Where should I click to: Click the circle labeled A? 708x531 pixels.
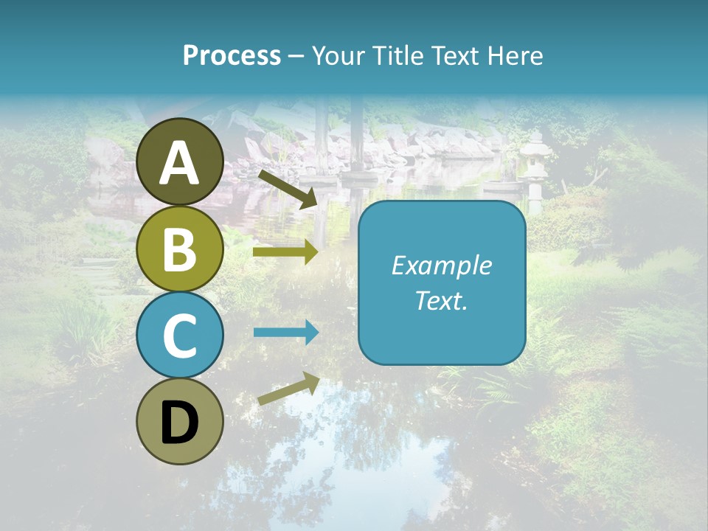click(x=180, y=162)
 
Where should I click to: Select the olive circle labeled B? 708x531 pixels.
click(x=180, y=249)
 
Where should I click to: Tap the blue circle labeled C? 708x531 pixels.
click(x=180, y=335)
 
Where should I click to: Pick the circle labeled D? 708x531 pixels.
click(x=180, y=421)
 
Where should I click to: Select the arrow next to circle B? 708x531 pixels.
click(x=285, y=252)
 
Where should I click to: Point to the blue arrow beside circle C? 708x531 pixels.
click(x=285, y=332)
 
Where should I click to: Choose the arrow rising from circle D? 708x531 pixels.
click(x=288, y=389)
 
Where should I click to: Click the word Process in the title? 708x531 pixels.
click(x=232, y=55)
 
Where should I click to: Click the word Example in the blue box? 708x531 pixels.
click(x=441, y=265)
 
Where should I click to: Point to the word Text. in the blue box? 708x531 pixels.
click(x=441, y=300)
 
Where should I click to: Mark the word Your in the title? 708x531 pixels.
click(x=338, y=55)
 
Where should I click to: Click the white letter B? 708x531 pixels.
click(x=180, y=249)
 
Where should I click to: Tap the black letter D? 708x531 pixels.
click(x=180, y=423)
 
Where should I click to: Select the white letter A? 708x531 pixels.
click(x=180, y=163)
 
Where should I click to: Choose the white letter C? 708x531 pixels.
click(x=180, y=336)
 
